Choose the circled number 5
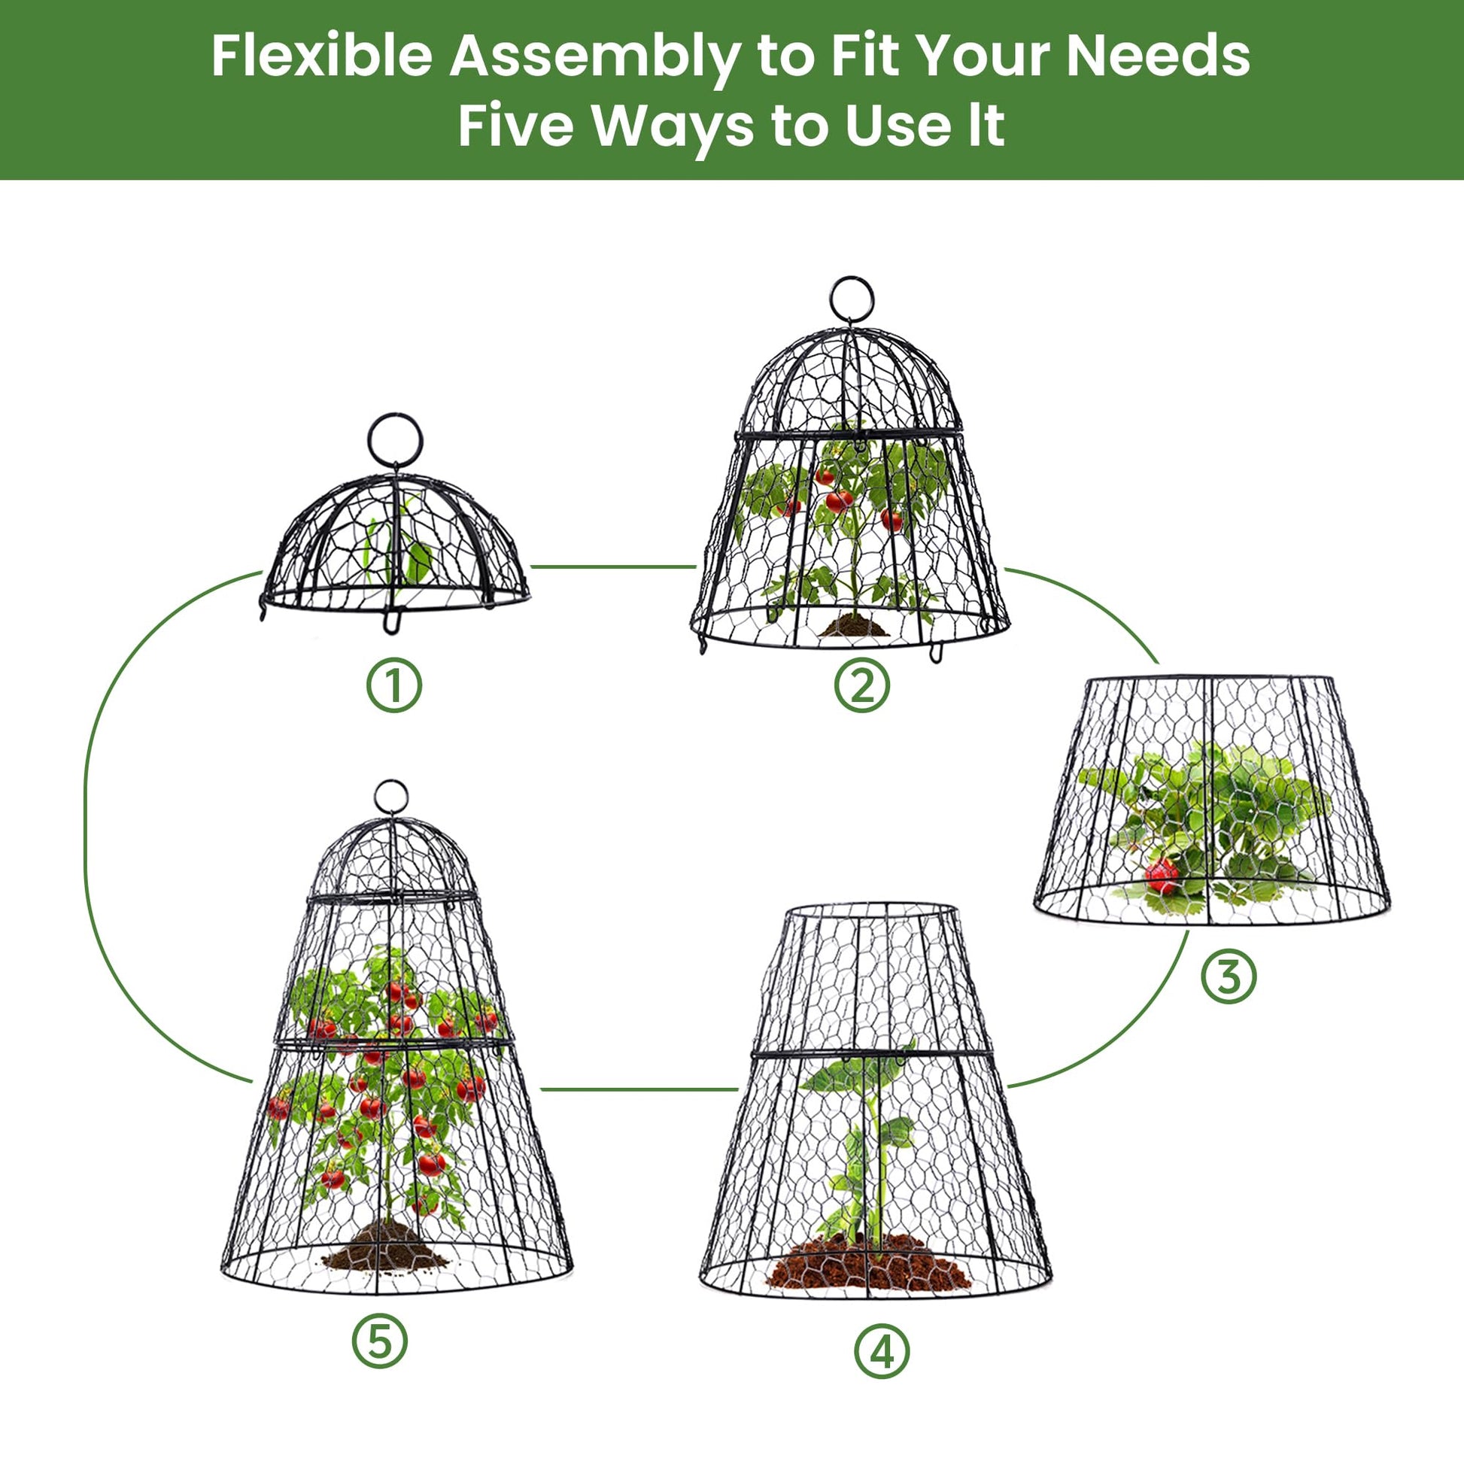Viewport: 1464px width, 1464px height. tap(380, 1341)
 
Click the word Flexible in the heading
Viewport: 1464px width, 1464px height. tap(321, 56)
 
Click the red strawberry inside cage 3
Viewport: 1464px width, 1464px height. tap(1160, 876)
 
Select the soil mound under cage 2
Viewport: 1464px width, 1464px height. tap(853, 625)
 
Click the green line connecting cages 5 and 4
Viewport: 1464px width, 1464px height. tap(639, 1089)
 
